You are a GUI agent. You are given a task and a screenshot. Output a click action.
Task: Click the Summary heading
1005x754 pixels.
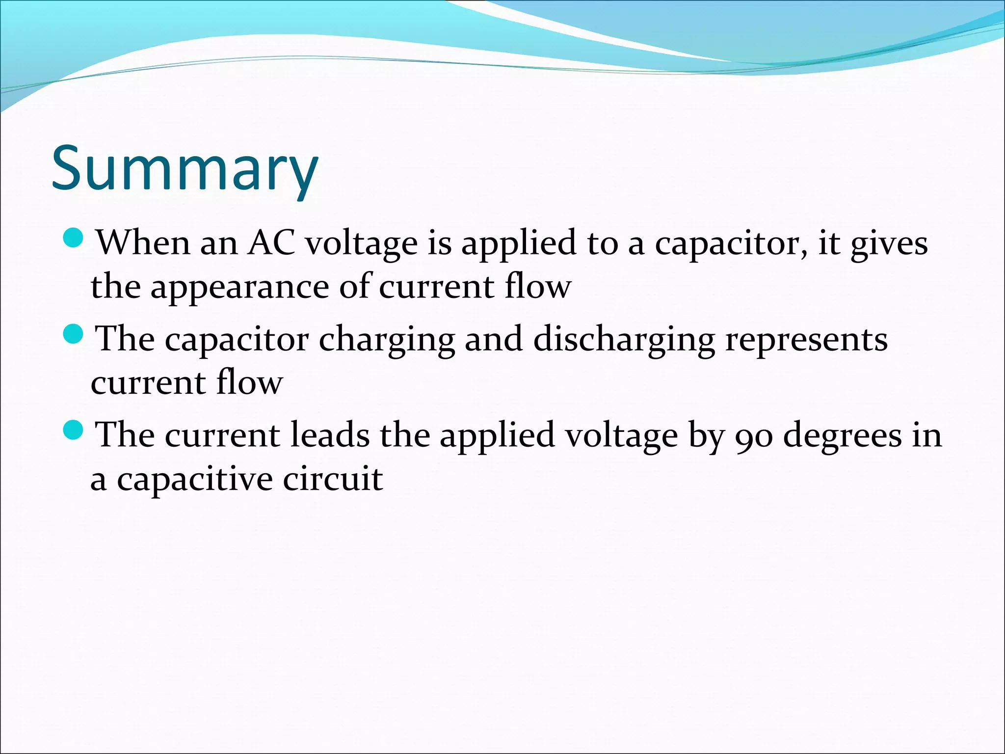[x=185, y=168]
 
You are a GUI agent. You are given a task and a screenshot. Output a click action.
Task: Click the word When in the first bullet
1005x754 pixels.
[x=143, y=242]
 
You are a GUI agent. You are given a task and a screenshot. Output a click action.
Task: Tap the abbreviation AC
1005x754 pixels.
[x=271, y=242]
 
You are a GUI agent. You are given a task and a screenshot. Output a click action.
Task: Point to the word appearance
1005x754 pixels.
[x=239, y=288]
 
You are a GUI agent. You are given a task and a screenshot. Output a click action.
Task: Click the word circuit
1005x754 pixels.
[x=333, y=479]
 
